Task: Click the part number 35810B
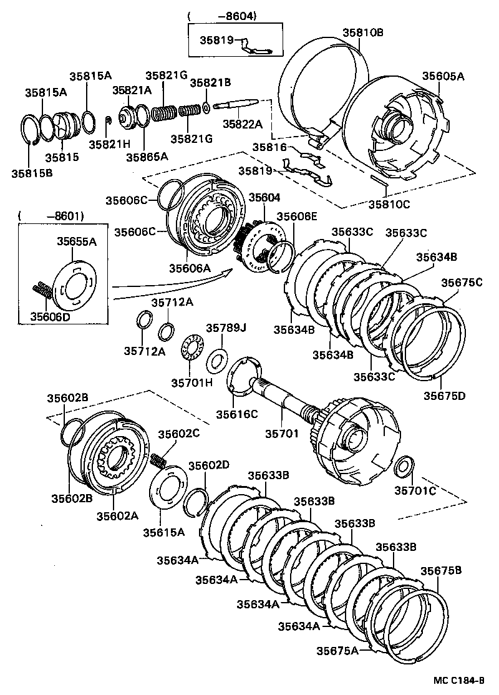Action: pos(362,33)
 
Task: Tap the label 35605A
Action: pos(443,76)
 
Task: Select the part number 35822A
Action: pos(243,124)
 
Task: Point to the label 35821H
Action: pos(109,143)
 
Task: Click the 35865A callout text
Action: pos(148,157)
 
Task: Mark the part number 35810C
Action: pos(389,203)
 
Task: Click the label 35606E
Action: pos(297,216)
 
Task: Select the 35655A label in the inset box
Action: pos(77,241)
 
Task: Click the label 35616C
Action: pos(237,414)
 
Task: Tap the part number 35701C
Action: pos(415,490)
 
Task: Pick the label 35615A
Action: pos(163,532)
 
